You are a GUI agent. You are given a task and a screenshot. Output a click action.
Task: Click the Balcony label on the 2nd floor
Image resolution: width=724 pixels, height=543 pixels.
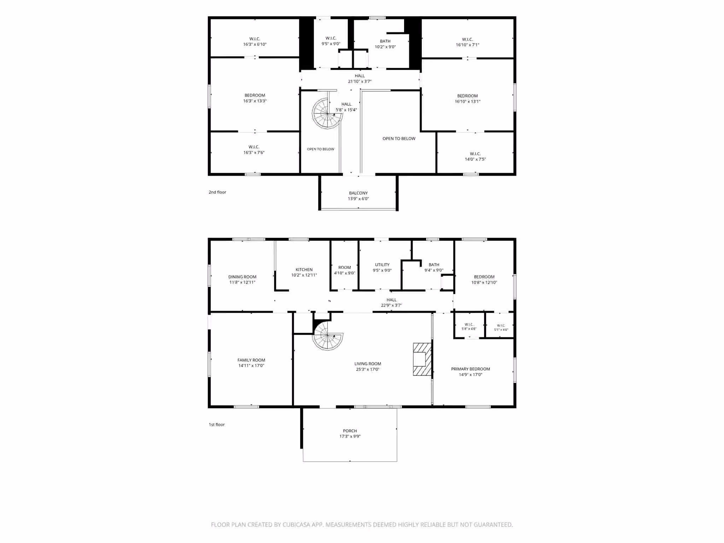[x=358, y=193]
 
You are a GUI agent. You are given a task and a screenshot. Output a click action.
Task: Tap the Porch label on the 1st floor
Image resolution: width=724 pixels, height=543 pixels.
[x=350, y=431]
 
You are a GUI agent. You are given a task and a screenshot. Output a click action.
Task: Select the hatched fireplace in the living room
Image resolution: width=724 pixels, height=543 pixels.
[x=422, y=359]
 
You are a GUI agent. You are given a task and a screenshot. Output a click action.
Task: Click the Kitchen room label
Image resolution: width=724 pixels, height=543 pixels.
[x=304, y=269]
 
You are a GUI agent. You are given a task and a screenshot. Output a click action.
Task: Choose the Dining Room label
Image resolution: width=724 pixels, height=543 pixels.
[x=242, y=277]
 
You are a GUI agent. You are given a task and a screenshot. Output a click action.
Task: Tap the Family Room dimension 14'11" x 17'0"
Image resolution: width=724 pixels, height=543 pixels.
[x=251, y=366]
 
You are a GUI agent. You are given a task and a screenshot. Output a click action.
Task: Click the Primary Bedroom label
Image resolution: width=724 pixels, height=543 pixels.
[x=470, y=369]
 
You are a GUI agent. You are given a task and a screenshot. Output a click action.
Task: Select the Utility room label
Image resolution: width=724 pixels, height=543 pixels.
[x=382, y=264]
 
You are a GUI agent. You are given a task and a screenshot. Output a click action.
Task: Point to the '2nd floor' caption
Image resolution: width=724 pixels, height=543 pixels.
[x=217, y=192]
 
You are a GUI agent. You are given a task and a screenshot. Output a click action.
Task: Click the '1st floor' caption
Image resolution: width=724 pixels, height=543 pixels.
[x=216, y=425]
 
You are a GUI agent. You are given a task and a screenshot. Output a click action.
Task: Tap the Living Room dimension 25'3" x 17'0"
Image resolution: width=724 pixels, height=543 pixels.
[x=368, y=369]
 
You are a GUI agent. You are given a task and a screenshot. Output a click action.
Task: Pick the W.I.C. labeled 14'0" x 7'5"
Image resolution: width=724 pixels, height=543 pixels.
[x=475, y=156]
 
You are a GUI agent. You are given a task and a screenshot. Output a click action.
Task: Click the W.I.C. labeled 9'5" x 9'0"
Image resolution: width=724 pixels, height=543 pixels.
[x=331, y=41]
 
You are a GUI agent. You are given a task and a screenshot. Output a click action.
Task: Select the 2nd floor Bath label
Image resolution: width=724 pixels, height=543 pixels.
[x=385, y=41]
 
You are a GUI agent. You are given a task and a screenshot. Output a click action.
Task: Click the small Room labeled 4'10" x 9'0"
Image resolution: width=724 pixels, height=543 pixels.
[x=344, y=270]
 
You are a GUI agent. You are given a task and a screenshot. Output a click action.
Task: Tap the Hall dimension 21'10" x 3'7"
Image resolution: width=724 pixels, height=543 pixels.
[x=360, y=81]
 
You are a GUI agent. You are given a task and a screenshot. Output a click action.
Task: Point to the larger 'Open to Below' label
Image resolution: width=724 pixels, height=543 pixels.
[x=399, y=139]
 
